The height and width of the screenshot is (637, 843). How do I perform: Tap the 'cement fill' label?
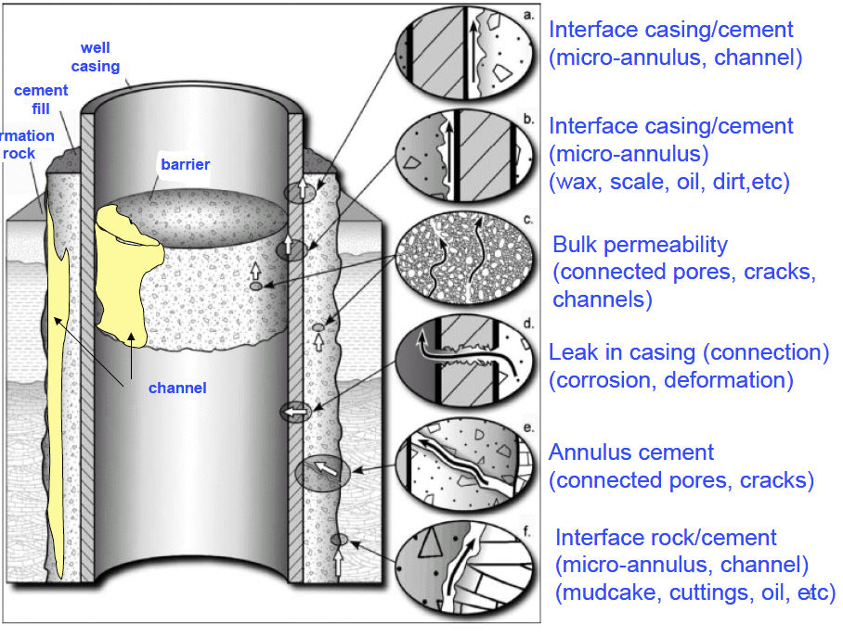(x=41, y=99)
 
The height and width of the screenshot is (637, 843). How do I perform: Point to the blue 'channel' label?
(x=177, y=388)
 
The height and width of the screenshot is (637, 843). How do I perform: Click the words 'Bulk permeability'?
(x=640, y=246)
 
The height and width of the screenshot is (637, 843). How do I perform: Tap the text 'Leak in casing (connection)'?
(x=688, y=352)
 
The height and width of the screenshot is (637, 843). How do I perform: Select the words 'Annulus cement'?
(x=631, y=452)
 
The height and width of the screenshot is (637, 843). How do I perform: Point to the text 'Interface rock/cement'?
(x=666, y=538)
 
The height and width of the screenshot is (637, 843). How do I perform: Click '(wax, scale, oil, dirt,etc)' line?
(x=668, y=182)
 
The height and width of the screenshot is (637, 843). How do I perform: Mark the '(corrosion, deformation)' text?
(x=670, y=380)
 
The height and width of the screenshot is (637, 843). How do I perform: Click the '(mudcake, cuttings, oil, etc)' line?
(x=695, y=593)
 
